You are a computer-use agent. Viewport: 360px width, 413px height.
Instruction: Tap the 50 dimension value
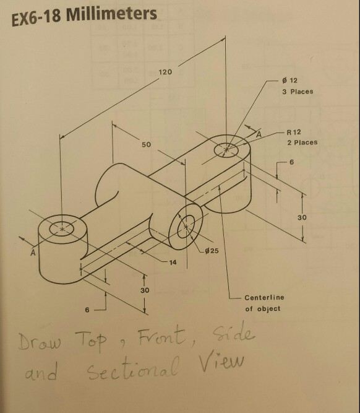tap(146, 144)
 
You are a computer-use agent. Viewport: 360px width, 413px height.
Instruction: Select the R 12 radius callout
tap(293, 132)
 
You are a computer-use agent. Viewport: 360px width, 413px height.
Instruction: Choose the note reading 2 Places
tap(302, 142)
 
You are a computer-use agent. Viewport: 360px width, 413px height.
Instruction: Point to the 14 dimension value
tap(173, 263)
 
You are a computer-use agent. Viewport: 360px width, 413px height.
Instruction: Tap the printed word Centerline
tap(264, 298)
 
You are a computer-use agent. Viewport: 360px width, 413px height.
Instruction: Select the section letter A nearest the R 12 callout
tap(259, 133)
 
